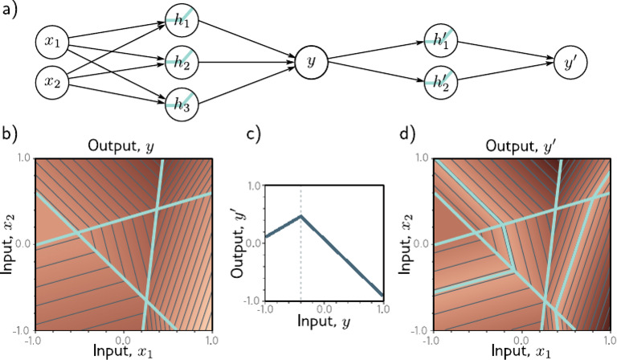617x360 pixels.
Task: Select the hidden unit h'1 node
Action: [x=439, y=42]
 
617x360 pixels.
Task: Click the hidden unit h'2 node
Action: [x=439, y=81]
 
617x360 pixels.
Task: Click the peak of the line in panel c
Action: [x=300, y=215]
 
